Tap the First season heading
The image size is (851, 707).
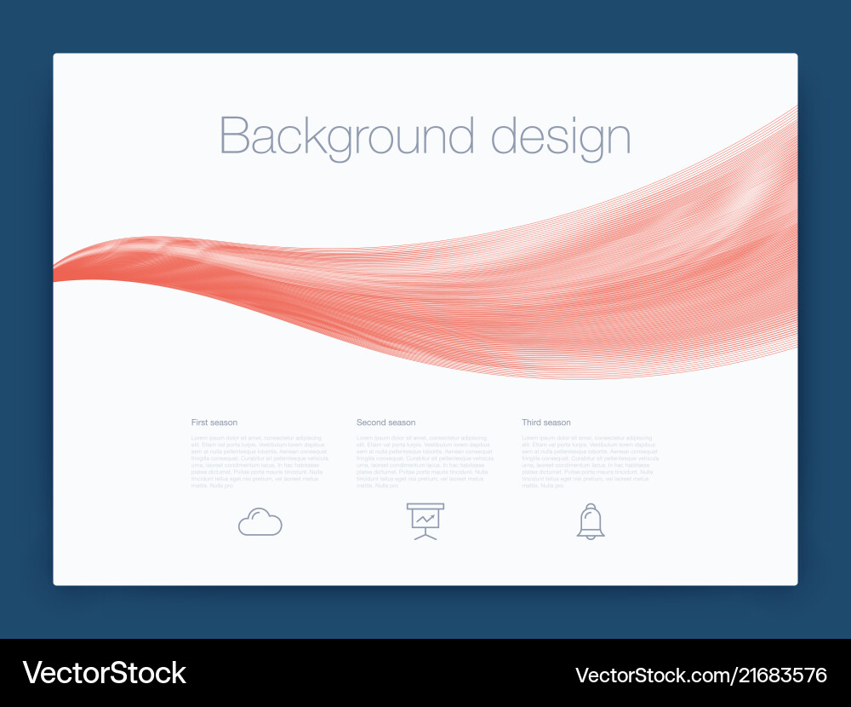click(214, 422)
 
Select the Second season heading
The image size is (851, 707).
click(386, 422)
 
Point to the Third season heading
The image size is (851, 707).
click(546, 422)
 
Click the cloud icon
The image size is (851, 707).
click(260, 521)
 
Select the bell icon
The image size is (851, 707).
click(591, 520)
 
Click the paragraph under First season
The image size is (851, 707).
click(259, 462)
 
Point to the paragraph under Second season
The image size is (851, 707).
click(424, 462)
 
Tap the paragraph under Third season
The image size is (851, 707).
click(590, 462)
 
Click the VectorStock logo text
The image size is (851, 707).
click(105, 673)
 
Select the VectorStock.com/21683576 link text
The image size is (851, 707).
click(701, 675)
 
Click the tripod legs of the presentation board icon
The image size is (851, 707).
click(425, 534)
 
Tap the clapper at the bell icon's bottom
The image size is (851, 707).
click(591, 537)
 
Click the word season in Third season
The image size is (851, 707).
click(557, 422)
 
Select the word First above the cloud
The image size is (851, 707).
click(200, 422)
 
